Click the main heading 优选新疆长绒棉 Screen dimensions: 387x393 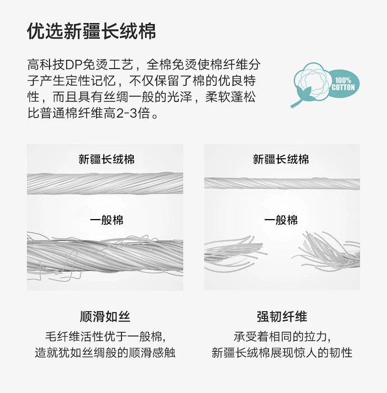click(92, 31)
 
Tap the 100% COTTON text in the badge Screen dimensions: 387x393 click(343, 84)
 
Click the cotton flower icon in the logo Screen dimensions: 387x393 click(312, 81)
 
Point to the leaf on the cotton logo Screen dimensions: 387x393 click(304, 94)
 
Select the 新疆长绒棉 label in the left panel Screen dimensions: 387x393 click(106, 159)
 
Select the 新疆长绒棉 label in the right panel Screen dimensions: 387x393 click(281, 159)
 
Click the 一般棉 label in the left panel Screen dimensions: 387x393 click(106, 221)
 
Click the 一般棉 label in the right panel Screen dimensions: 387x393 click(281, 221)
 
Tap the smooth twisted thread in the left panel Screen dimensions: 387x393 click(105, 183)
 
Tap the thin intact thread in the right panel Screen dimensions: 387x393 click(282, 183)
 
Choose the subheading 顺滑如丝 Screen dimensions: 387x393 click(105, 317)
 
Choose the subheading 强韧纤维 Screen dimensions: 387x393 click(282, 317)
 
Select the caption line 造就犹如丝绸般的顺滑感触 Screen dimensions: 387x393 click(105, 353)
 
